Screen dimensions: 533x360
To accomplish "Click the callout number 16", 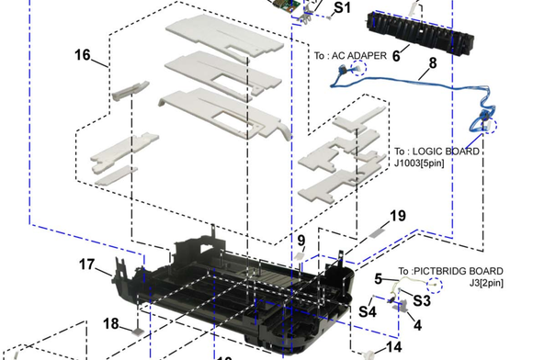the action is click(83, 55).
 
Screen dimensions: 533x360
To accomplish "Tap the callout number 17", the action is click(86, 264).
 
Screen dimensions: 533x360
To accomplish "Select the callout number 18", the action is click(111, 323).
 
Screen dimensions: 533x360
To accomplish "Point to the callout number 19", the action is click(398, 216).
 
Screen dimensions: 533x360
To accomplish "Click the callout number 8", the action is click(433, 62).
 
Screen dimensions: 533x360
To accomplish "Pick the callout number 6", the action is click(396, 56).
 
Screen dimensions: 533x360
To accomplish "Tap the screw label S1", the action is click(342, 7).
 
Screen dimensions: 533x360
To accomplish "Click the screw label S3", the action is click(422, 300).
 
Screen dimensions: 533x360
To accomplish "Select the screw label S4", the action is click(368, 311).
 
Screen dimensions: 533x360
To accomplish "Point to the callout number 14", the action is click(394, 347).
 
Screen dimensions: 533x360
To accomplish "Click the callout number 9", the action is click(301, 241).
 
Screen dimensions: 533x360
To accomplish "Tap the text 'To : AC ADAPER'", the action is click(350, 55).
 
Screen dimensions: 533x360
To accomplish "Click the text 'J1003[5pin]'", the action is click(419, 163).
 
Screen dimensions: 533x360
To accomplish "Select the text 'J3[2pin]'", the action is click(486, 283).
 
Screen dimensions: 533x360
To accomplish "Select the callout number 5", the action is click(379, 279).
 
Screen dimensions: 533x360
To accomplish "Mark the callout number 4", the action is click(418, 325).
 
